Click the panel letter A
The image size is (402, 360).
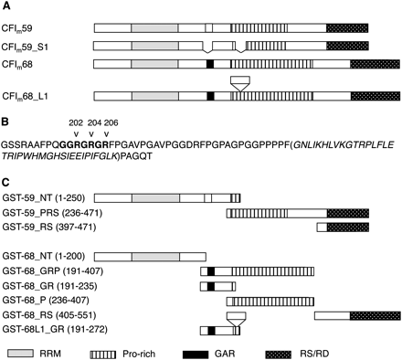6,6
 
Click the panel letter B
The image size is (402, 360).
5,122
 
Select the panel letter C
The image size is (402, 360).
5,182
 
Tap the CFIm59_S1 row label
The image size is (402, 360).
25,48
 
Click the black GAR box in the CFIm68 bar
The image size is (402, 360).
210,64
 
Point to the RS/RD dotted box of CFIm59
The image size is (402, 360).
347,28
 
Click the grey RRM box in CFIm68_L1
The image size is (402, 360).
155,96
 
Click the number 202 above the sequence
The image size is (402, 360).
76,122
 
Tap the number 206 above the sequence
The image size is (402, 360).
111,122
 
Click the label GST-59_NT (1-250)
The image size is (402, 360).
44,198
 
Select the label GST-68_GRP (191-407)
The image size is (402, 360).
53,270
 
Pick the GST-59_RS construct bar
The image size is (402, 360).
343,227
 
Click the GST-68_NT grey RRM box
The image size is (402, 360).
155,257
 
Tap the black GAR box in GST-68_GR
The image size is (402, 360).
211,286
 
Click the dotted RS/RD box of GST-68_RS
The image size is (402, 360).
376,315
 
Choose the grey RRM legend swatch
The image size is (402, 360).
20,354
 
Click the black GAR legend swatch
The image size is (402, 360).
196,355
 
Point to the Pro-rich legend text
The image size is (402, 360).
139,354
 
